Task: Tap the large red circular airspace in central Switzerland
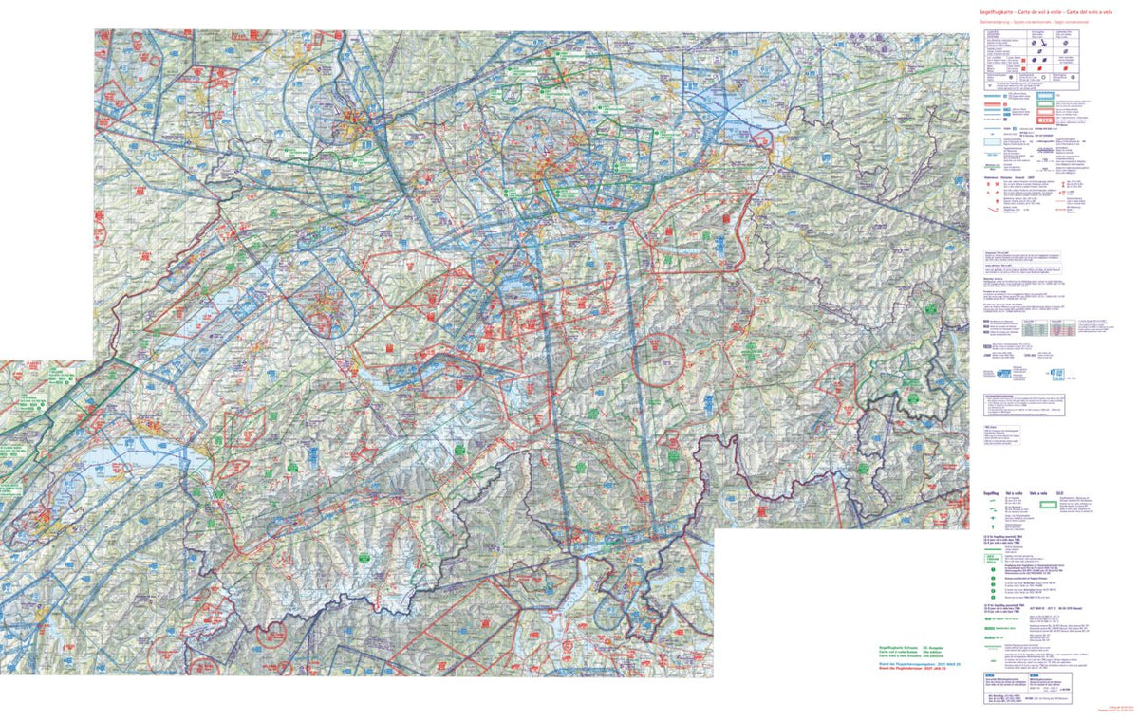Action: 659,359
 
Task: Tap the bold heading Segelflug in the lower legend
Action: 991,493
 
